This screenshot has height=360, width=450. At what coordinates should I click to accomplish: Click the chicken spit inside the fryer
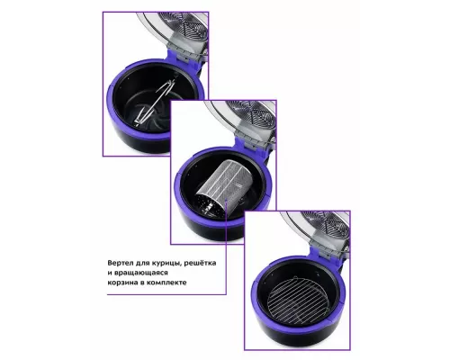[x=156, y=101]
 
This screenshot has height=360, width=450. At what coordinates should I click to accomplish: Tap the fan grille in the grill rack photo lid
[x=327, y=224]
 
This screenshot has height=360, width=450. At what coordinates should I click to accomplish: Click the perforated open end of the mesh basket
[x=207, y=204]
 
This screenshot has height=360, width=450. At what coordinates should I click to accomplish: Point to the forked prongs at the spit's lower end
[x=139, y=118]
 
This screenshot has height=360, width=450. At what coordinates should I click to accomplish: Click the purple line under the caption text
[x=166, y=294]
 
